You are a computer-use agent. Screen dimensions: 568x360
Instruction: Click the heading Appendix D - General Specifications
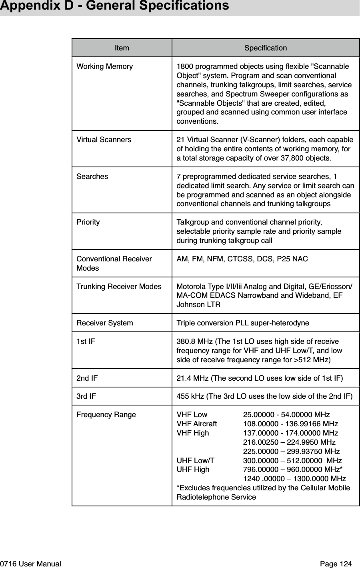pyautogui.click(x=114, y=6)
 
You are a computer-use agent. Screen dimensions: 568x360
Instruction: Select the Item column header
pyautogui.click(x=122, y=48)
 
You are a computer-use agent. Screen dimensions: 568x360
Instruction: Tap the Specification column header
pyautogui.click(x=266, y=48)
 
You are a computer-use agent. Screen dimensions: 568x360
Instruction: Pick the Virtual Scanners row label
pyautogui.click(x=104, y=140)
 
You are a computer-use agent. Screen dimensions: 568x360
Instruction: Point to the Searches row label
pyautogui.click(x=92, y=176)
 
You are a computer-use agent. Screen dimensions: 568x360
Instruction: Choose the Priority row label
pyautogui.click(x=88, y=222)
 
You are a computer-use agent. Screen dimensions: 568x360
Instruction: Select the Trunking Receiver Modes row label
pyautogui.click(x=119, y=287)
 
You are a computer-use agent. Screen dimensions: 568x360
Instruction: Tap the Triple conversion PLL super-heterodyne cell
pyautogui.click(x=243, y=323)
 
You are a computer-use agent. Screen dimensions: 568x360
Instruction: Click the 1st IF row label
pyautogui.click(x=86, y=342)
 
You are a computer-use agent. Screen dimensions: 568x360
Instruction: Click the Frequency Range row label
pyautogui.click(x=106, y=415)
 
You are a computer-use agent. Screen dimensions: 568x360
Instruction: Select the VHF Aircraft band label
pyautogui.click(x=197, y=424)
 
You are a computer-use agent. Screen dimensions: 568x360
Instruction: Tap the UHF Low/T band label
pyautogui.click(x=196, y=461)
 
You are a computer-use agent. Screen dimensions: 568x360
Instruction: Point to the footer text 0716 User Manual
pyautogui.click(x=31, y=564)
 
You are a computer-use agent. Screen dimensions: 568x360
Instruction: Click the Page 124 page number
pyautogui.click(x=336, y=564)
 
